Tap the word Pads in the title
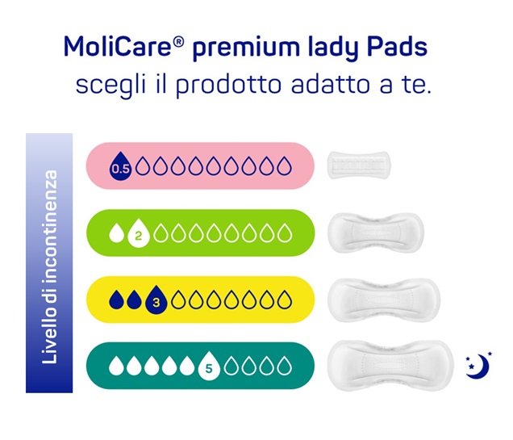point(397,47)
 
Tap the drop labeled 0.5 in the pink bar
point(120,166)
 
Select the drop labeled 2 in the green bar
point(139,233)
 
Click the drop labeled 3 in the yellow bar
point(156,300)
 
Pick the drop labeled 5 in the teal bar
point(209,367)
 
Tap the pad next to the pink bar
point(359,166)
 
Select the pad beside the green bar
point(376,233)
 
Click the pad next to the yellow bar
point(384,300)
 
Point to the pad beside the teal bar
point(391,366)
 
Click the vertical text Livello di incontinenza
point(50,266)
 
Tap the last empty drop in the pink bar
point(284,166)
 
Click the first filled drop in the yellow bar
point(116,300)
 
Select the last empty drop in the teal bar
point(284,366)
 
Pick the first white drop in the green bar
point(116,233)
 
